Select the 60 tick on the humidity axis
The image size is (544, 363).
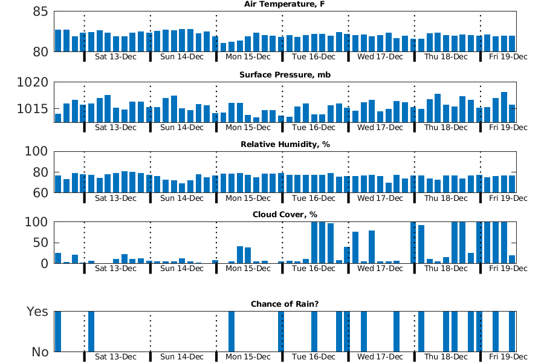(36, 193)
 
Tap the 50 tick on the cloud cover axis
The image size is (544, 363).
(36, 243)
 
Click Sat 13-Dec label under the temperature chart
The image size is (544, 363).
(116, 57)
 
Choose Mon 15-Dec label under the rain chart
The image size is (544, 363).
(248, 357)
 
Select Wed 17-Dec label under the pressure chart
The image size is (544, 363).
(380, 128)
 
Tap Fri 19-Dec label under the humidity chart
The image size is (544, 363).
(508, 198)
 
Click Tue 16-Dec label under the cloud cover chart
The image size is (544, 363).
(314, 268)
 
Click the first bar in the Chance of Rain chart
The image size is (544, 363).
(58, 332)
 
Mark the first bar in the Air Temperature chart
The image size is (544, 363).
(58, 41)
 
